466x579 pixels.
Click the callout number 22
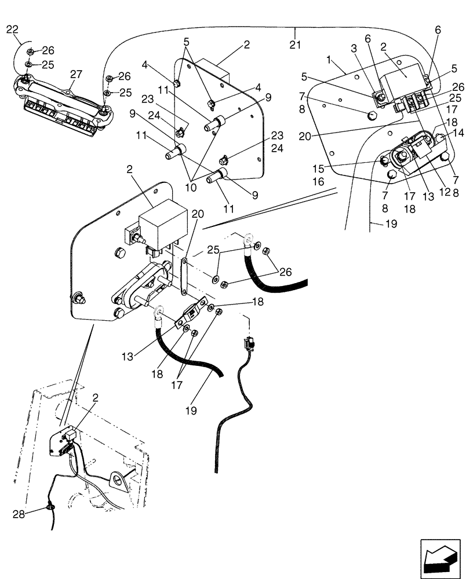(12, 30)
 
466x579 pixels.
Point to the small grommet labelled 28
(51, 507)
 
